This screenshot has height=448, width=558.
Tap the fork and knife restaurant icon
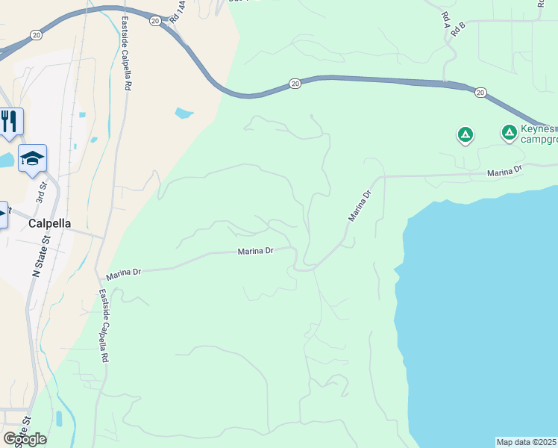[8, 121]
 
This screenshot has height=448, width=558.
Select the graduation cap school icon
[32, 158]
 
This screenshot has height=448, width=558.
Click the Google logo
[25, 439]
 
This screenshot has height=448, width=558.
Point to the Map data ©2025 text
[527, 442]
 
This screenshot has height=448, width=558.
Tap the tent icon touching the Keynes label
[510, 133]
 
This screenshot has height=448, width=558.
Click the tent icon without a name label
[465, 134]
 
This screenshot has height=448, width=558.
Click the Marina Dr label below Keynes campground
[504, 172]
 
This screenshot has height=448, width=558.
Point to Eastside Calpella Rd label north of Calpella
[126, 54]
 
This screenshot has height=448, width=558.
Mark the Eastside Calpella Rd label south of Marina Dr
[104, 326]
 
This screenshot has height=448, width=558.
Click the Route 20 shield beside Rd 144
[155, 20]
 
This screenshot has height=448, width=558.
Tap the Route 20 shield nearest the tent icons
[480, 92]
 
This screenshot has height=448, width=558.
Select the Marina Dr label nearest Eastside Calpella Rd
[124, 274]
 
